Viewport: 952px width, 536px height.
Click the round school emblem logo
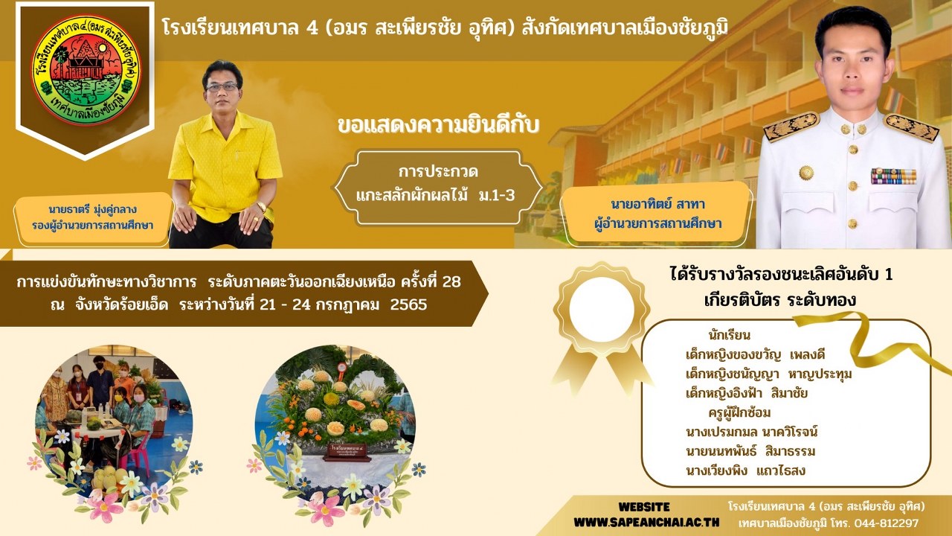[86, 70]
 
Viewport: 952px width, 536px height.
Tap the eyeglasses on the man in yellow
[222, 87]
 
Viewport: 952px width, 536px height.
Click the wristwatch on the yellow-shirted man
[261, 206]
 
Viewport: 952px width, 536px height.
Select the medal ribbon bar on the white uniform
[893, 176]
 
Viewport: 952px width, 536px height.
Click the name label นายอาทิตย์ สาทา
[658, 205]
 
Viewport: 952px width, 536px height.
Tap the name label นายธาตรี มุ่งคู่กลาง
[92, 209]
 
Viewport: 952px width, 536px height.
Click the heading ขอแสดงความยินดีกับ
[438, 125]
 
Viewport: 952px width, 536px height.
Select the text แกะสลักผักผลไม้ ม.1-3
[435, 196]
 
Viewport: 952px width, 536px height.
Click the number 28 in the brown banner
[451, 281]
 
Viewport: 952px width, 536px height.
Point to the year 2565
[408, 304]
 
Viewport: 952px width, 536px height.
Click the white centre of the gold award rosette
[602, 309]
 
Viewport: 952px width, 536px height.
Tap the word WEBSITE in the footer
[644, 507]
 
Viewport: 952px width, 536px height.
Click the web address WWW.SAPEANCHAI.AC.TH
[646, 523]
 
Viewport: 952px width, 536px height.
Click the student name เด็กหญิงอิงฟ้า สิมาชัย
[747, 394]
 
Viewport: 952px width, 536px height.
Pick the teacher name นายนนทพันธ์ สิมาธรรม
[750, 451]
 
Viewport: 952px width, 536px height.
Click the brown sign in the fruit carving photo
[345, 452]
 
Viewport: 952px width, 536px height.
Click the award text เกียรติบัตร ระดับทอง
[779, 300]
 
